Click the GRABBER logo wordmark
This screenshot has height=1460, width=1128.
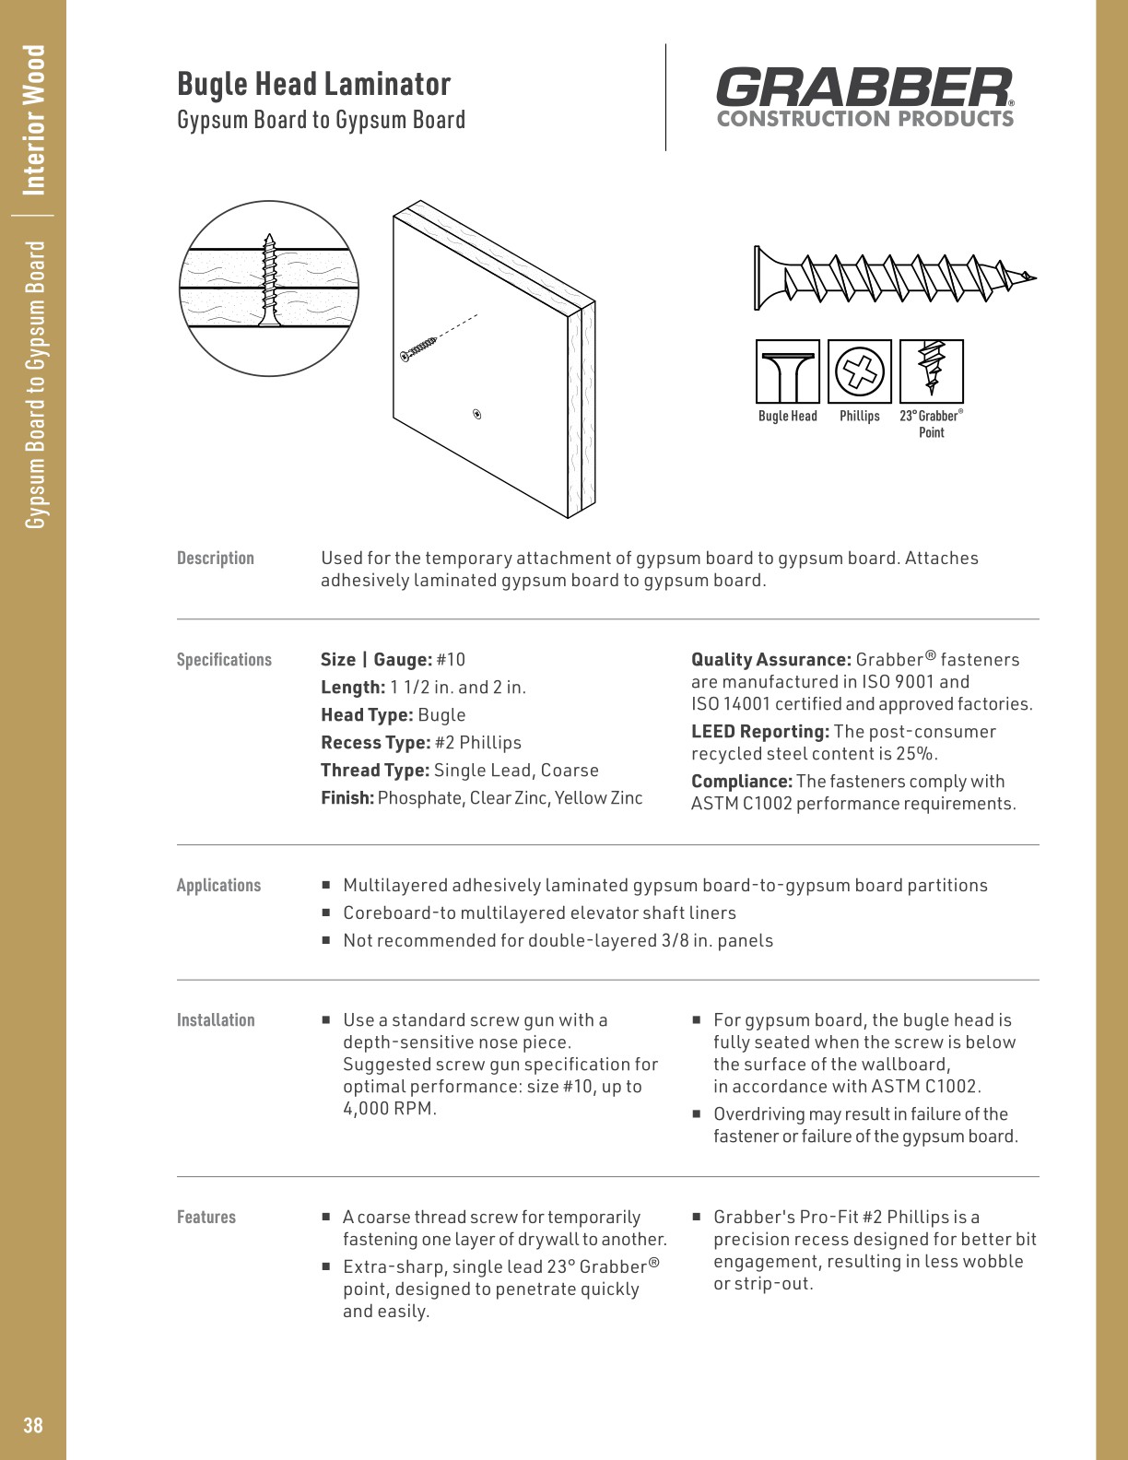pos(864,88)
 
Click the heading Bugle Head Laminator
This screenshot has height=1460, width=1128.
pos(313,84)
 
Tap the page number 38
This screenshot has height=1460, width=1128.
pos(33,1425)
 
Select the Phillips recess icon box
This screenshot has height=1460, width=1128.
pos(859,371)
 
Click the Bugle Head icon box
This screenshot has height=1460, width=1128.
pos(787,371)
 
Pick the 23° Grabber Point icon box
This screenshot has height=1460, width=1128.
pos(931,371)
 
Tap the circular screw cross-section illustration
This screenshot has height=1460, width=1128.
pos(269,288)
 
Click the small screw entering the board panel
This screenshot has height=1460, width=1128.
pos(419,348)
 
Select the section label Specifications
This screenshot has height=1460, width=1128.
pos(224,660)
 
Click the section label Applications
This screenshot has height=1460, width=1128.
pos(218,886)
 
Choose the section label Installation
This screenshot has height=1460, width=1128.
pos(216,1020)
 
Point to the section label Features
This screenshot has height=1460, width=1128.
pos(206,1218)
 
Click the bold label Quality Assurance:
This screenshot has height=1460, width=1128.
pos(770,660)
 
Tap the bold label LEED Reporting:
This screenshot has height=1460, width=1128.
pos(759,732)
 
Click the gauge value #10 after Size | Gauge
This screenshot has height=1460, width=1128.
pos(451,660)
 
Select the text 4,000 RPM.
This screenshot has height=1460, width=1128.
pos(388,1109)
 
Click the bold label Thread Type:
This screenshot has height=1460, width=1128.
pos(374,771)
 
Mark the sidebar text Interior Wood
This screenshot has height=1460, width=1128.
pos(34,120)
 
